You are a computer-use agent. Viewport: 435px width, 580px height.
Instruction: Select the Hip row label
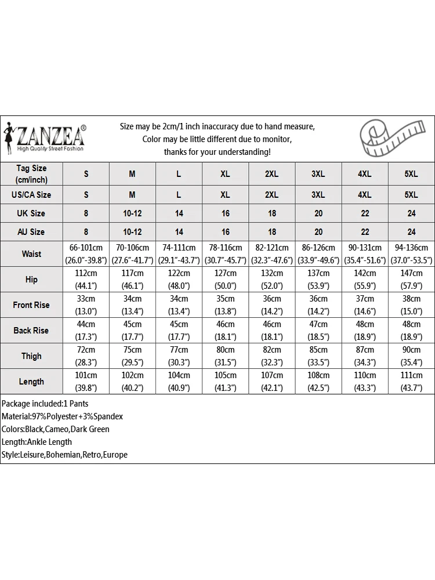31,280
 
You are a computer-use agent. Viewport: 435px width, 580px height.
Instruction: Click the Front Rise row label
31,305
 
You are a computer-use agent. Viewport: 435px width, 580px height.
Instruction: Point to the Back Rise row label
31,331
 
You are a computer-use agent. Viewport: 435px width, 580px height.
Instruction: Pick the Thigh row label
31,356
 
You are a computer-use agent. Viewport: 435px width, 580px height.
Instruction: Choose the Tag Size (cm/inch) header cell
31,173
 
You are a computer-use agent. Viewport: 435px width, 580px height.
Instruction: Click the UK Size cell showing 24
411,213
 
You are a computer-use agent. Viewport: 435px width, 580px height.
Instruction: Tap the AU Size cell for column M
132,232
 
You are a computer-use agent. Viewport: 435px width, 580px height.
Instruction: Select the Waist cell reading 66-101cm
86,254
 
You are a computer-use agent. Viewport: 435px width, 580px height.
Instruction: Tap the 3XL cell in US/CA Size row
318,195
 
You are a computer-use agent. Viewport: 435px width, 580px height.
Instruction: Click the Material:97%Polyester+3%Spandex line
62,416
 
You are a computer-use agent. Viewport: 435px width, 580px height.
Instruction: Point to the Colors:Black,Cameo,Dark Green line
56,429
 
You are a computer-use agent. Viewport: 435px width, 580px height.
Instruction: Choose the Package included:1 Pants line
45,404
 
